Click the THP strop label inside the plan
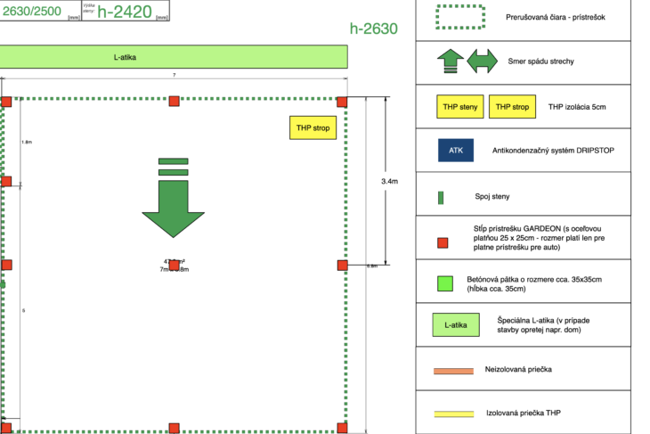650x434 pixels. (311, 128)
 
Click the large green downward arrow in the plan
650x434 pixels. (173, 201)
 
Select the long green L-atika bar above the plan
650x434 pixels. (173, 57)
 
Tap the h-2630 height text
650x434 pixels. (373, 29)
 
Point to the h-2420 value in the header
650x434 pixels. (126, 11)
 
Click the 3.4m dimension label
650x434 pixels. (389, 181)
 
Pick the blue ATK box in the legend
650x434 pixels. (456, 151)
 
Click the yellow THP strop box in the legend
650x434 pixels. (512, 108)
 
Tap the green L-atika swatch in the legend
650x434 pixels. (455, 325)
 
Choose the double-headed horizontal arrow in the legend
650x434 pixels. (483, 61)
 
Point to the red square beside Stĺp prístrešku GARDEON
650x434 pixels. (443, 242)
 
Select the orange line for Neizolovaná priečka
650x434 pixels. (453, 371)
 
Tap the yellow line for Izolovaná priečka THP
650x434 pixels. (453, 414)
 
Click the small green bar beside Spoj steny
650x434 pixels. (443, 197)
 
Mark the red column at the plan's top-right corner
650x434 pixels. (343, 101)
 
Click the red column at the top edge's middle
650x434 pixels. (175, 101)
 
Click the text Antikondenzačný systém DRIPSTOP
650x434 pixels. (553, 151)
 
